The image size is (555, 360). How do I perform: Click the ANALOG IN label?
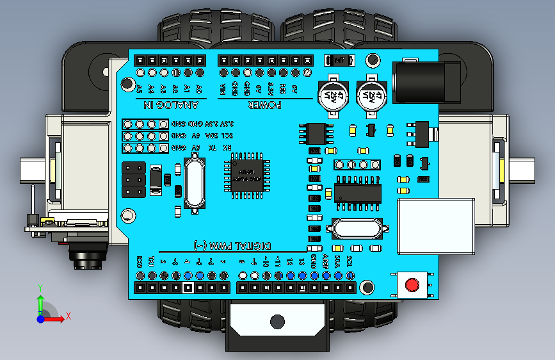coord(168,104)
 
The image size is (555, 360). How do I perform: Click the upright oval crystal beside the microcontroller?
coord(195,184)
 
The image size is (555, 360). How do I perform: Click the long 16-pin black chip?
coord(357,192)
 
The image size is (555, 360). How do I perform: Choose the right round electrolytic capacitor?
coord(372,96)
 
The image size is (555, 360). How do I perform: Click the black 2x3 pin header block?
coord(133,180)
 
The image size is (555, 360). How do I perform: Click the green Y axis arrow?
coord(40,301)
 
